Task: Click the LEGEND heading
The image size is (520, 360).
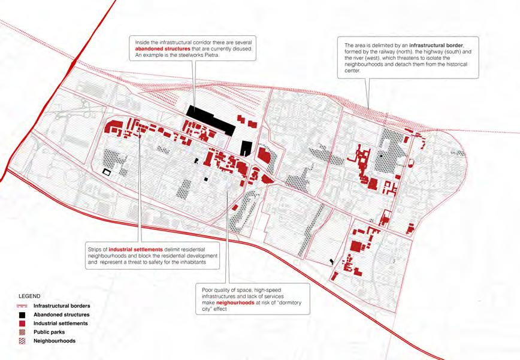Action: pyautogui.click(x=29, y=297)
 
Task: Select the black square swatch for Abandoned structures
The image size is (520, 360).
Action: pyautogui.click(x=22, y=314)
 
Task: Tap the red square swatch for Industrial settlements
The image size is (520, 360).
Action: pyautogui.click(x=22, y=323)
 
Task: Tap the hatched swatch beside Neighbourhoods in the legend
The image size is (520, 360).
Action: pyautogui.click(x=22, y=341)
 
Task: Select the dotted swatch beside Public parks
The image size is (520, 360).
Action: pyautogui.click(x=22, y=332)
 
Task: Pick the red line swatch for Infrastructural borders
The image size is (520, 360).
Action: pyautogui.click(x=22, y=306)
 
